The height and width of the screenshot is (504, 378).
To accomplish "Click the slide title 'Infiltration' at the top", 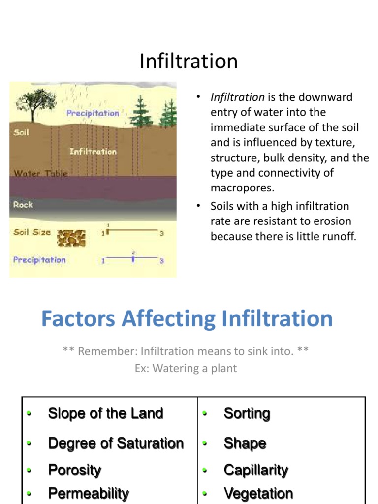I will pyautogui.click(x=189, y=62).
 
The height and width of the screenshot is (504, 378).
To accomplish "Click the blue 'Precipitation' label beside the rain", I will pyautogui.click(x=93, y=113).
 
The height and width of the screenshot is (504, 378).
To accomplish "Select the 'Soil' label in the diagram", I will pyautogui.click(x=21, y=133).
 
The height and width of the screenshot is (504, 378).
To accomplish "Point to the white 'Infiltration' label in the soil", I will pyautogui.click(x=93, y=151).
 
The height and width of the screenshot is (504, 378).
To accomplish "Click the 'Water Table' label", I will pyautogui.click(x=40, y=173).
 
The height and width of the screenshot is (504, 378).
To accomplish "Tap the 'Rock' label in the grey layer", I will pyautogui.click(x=23, y=205).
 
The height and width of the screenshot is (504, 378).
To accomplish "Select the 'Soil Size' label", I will pyautogui.click(x=32, y=232).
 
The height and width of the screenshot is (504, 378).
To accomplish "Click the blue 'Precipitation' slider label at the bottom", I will pyautogui.click(x=39, y=260).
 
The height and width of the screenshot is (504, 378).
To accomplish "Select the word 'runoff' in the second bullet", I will pyautogui.click(x=340, y=236).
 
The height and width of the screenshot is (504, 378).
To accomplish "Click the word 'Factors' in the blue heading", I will pyautogui.click(x=79, y=318).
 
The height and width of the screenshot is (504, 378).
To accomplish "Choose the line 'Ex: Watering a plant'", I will pyautogui.click(x=186, y=368).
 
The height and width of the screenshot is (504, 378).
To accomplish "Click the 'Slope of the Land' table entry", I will pyautogui.click(x=105, y=413).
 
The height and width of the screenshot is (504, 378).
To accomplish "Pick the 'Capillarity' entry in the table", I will pyautogui.click(x=256, y=470).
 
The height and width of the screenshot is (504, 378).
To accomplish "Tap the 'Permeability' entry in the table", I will pyautogui.click(x=89, y=493).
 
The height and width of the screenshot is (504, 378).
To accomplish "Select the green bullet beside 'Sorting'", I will pyautogui.click(x=205, y=414).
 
